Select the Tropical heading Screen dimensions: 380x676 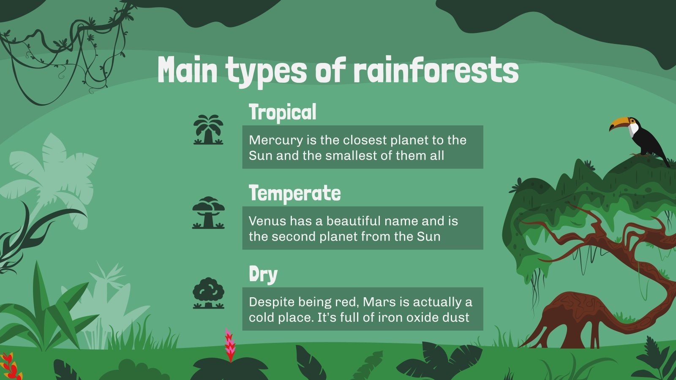pos(282,112)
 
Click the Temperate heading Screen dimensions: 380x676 pos(294,193)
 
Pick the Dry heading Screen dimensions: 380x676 pos(263,274)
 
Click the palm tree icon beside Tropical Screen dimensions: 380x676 pos(208,130)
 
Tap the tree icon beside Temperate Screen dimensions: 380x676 pos(208,212)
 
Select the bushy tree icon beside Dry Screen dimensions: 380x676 pos(208,293)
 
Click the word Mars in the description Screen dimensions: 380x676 pos(377,302)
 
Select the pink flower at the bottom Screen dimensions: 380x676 pos(230,344)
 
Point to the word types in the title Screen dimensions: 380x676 pos(266,71)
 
